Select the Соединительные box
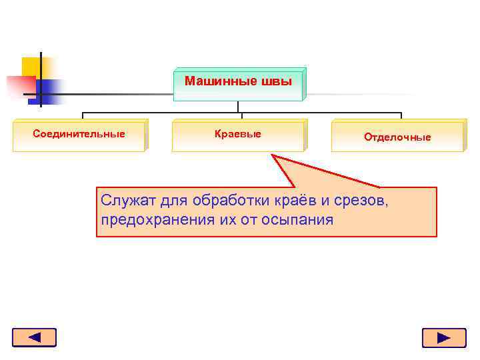[x=79, y=135]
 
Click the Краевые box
[x=238, y=135]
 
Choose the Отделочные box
[x=397, y=137]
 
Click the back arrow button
[x=34, y=337]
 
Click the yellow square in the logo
[x=32, y=67]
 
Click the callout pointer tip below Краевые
[x=273, y=156]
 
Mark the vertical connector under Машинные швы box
[x=238, y=107]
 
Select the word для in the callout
[x=175, y=200]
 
